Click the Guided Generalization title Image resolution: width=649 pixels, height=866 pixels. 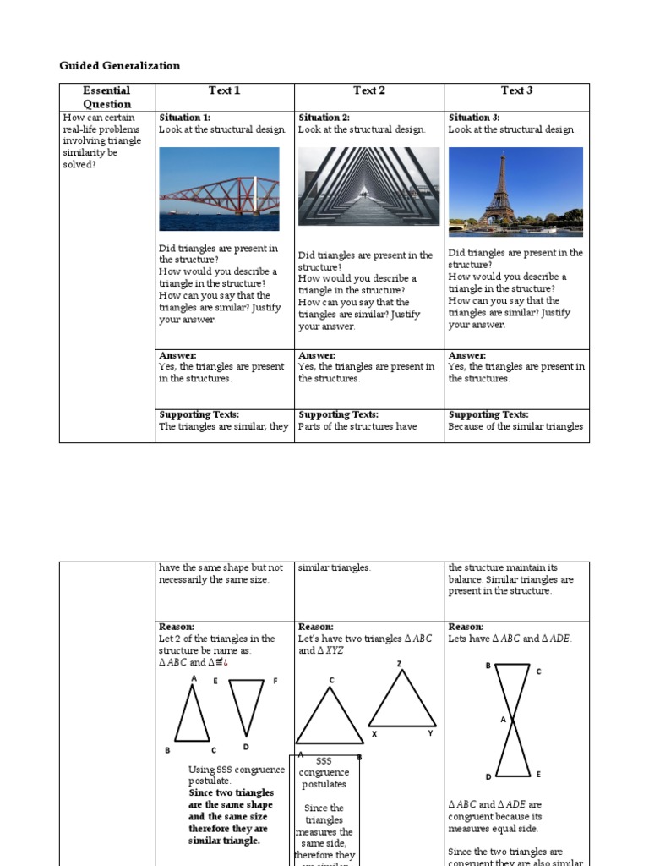coord(119,65)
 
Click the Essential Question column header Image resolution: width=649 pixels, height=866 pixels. coord(106,97)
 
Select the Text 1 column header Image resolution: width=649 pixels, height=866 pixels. coord(224,90)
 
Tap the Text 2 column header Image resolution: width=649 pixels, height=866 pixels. coord(368,90)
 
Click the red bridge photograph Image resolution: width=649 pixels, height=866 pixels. coord(219,189)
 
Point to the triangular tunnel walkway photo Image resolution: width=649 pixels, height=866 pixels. coord(368,186)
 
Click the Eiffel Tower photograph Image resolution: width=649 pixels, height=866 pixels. coord(515,190)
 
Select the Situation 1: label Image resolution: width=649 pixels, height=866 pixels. coord(185,118)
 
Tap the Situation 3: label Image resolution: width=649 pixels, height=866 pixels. coord(474,118)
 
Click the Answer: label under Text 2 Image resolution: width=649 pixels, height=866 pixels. coord(317,355)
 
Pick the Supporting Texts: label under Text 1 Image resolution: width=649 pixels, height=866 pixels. coord(199,414)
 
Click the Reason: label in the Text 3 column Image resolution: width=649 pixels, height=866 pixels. coord(466,627)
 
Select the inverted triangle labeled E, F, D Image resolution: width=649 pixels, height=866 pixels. coord(246,705)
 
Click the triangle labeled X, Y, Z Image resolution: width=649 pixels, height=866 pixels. coord(402,701)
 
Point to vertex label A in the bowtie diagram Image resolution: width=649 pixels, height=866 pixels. coord(502,720)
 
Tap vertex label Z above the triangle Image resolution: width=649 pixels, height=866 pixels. coord(399,664)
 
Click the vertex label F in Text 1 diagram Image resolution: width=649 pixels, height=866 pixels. coord(275,681)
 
